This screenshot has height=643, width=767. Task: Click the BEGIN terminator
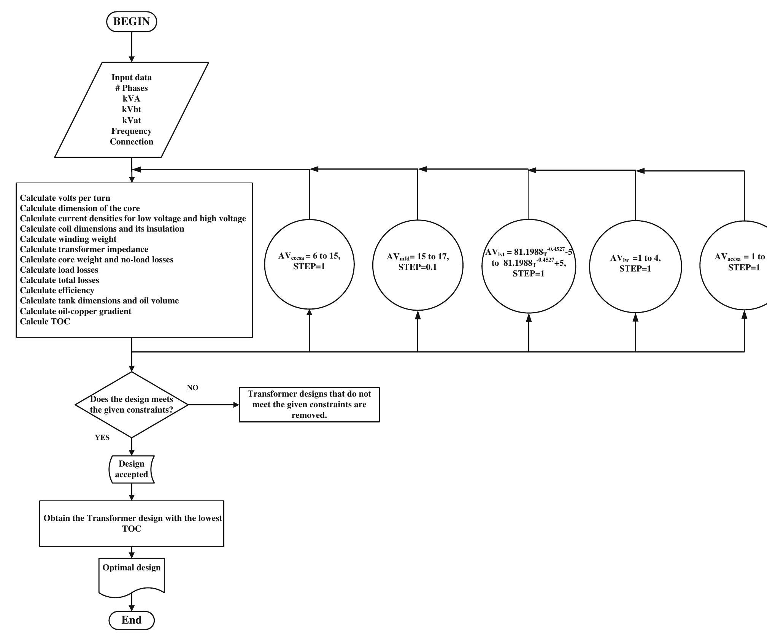click(x=132, y=22)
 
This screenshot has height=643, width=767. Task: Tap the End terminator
click(x=132, y=620)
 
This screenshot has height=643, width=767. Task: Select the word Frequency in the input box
click(x=132, y=131)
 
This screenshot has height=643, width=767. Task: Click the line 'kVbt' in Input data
click(x=132, y=110)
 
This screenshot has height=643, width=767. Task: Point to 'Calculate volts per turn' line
click(x=65, y=198)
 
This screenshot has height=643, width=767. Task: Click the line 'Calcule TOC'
click(x=45, y=322)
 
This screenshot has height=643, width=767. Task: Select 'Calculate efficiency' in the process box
click(x=57, y=291)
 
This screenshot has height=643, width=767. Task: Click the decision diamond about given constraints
click(x=132, y=405)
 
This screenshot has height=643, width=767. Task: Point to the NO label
click(x=192, y=388)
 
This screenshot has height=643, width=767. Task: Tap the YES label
click(x=102, y=438)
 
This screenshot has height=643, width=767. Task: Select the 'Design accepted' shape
click(x=132, y=469)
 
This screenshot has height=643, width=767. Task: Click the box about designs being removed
click(x=309, y=405)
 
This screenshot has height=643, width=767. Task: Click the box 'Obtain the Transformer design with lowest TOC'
click(x=132, y=524)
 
